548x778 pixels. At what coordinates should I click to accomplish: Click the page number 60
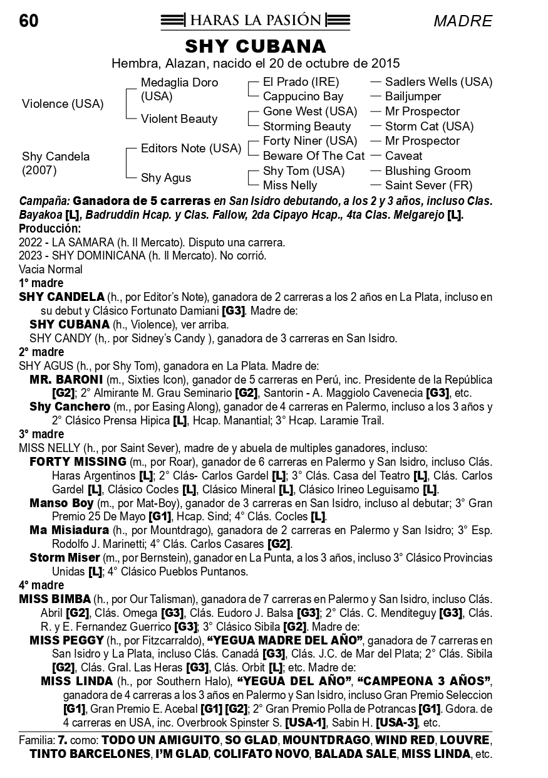coord(29,21)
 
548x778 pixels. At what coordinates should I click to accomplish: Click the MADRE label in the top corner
coord(463,21)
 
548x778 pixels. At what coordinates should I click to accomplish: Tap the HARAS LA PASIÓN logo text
coord(255,21)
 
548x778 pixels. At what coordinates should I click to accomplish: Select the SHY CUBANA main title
coord(256,46)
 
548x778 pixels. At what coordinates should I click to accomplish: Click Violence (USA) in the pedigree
coord(63,104)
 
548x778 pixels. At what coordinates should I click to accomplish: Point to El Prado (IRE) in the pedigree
coord(301,81)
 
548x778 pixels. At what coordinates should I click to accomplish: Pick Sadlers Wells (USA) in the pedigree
coord(438,81)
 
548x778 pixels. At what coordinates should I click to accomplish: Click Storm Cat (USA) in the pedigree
coord(429,126)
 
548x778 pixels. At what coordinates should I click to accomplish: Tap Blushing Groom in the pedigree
coord(428,171)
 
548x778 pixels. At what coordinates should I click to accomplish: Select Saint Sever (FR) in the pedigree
coord(428,186)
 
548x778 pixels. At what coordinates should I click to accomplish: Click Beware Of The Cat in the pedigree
coord(313,155)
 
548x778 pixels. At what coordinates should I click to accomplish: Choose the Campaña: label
coord(44,201)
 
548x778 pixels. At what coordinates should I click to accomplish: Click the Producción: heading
coord(50,229)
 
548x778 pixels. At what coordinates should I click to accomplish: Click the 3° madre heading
coord(41,434)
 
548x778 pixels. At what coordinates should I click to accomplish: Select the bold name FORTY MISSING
coord(78,461)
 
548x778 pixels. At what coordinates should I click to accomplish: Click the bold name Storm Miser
coord(65,557)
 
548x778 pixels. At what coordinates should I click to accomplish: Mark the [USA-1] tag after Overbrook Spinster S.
coord(306,722)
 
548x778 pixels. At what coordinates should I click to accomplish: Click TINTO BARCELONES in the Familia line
coord(90,753)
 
